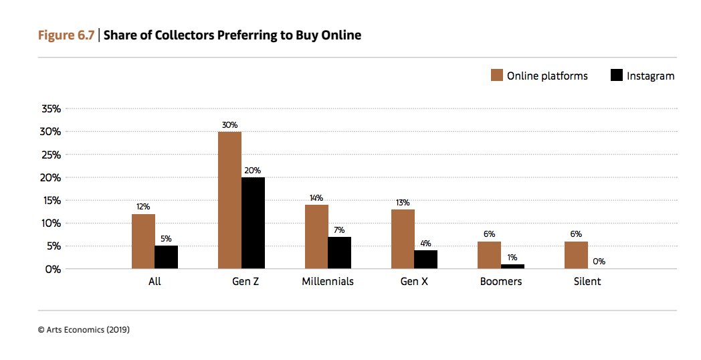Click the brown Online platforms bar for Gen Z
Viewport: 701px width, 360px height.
point(229,200)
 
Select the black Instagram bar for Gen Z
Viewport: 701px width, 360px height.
point(253,223)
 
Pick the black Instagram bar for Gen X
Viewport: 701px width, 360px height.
point(425,260)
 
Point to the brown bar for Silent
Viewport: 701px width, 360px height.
point(576,255)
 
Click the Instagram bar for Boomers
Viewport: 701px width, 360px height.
point(512,266)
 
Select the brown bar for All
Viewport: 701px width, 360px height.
point(143,241)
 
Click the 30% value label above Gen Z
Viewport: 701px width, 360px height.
point(229,124)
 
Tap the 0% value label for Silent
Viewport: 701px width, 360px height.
point(599,262)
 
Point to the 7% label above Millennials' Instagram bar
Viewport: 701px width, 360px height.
point(339,230)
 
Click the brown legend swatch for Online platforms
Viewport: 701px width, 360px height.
point(496,75)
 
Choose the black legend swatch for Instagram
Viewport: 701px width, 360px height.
point(617,75)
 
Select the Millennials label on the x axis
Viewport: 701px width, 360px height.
point(328,281)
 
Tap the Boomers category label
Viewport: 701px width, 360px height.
point(501,281)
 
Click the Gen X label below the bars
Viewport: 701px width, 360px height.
point(414,281)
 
